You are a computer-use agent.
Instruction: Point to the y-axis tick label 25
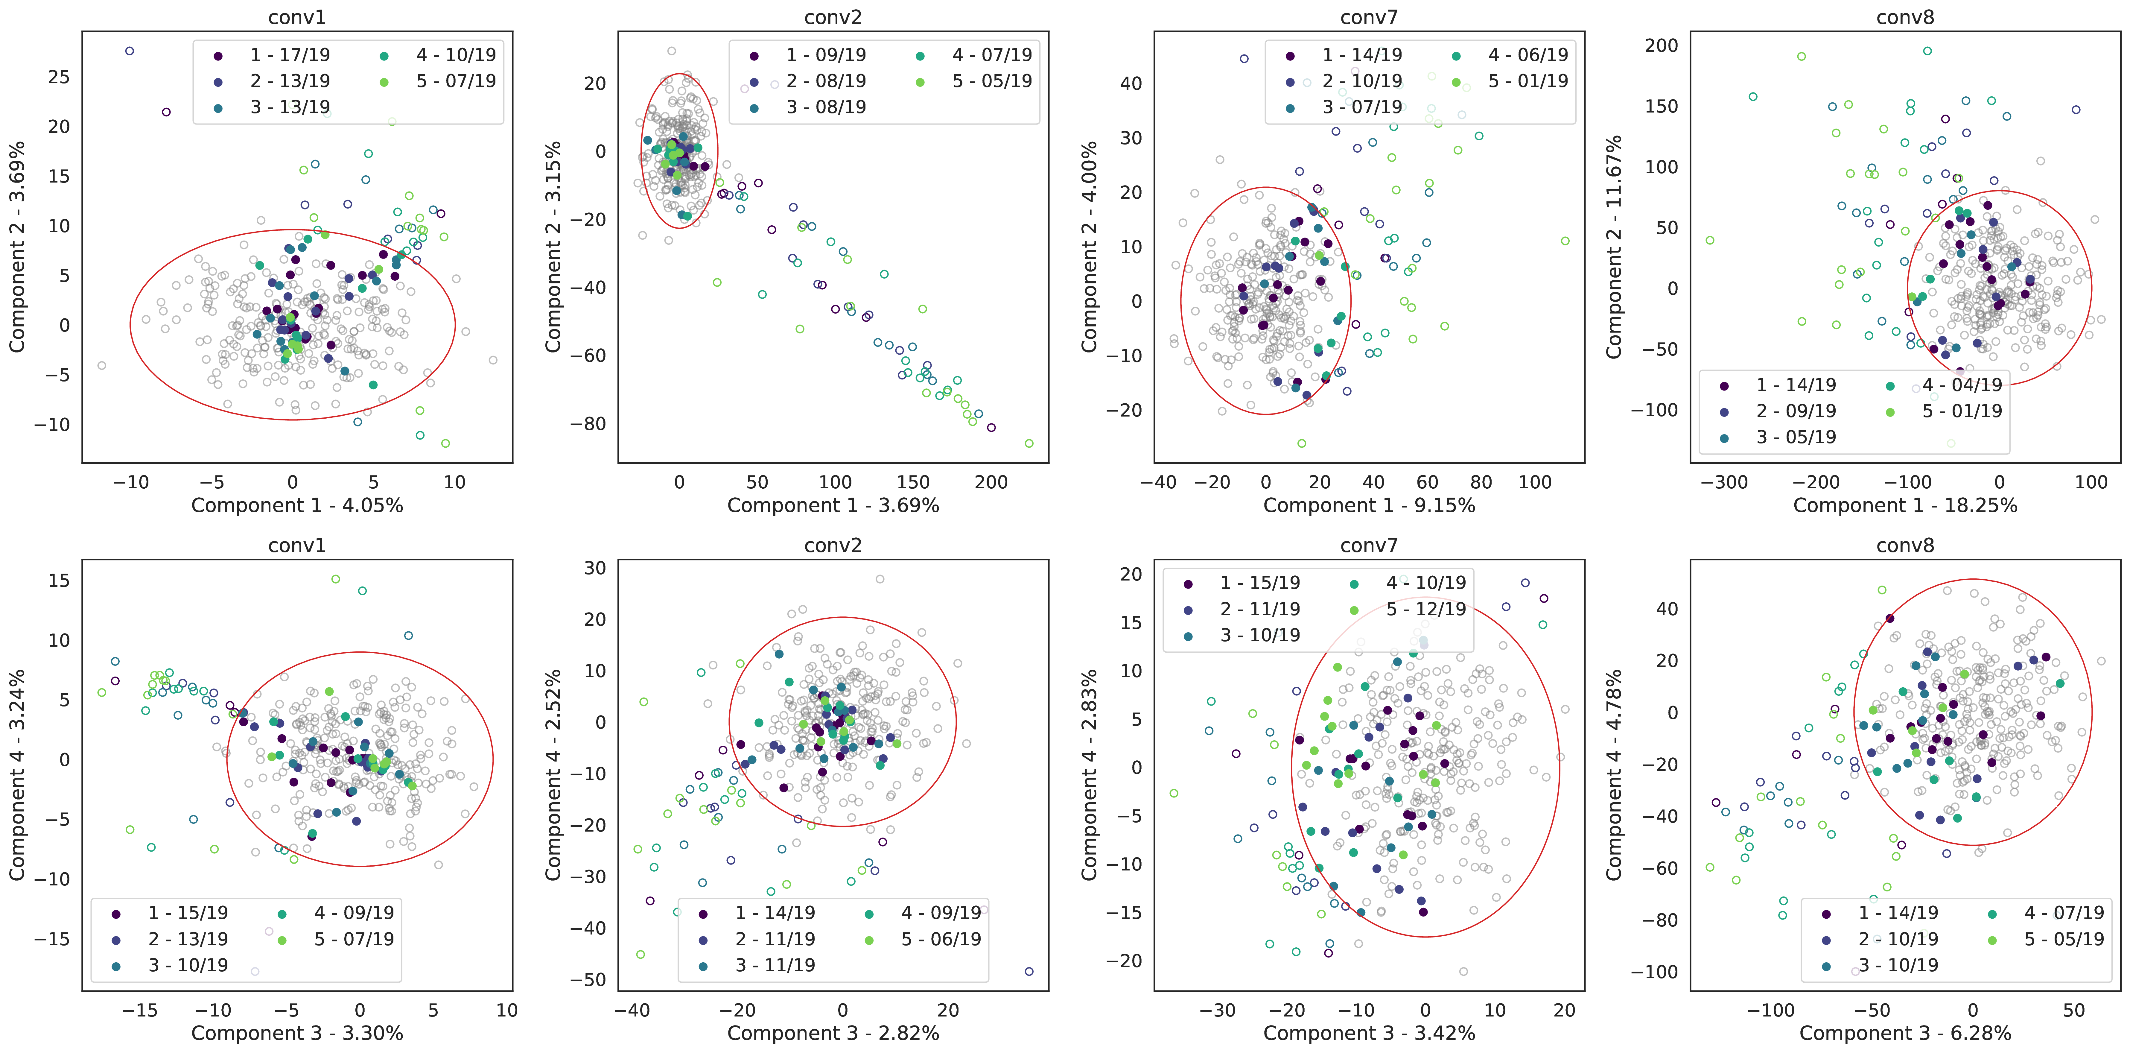[59, 77]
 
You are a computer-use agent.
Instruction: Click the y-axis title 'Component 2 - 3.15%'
[553, 247]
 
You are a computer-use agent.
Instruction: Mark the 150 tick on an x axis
[913, 482]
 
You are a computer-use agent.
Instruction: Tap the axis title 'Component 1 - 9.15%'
[1369, 505]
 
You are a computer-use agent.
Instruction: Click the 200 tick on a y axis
[1662, 45]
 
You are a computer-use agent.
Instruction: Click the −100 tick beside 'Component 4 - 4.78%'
[1655, 972]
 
